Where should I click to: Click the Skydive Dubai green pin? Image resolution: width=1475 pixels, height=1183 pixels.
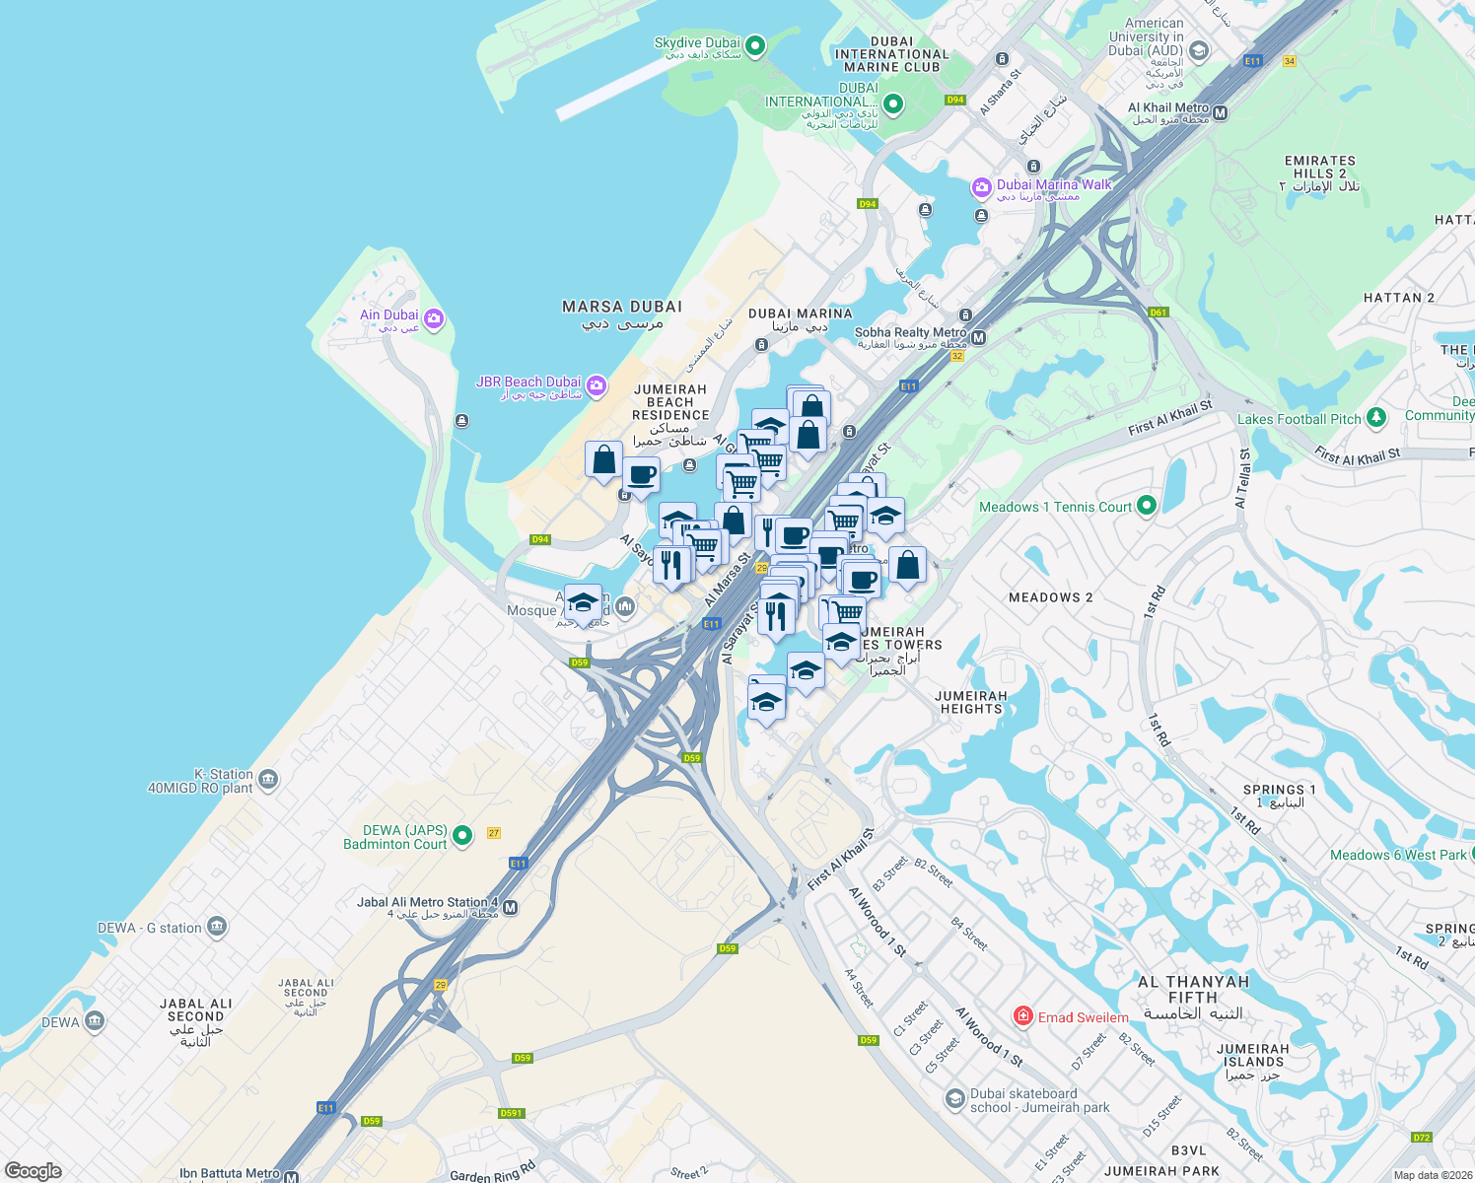click(754, 45)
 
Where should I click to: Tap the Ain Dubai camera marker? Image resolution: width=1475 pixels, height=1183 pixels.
click(434, 319)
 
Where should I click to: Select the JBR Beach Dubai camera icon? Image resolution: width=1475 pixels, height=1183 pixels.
click(596, 384)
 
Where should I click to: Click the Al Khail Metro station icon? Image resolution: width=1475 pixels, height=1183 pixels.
click(1221, 113)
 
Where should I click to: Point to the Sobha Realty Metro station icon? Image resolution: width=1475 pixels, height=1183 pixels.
click(978, 338)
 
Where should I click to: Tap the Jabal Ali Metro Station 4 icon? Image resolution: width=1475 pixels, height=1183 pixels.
click(510, 908)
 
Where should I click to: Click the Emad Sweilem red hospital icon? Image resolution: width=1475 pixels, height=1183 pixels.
click(1023, 1015)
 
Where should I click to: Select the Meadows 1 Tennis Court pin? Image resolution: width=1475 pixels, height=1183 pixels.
click(1146, 506)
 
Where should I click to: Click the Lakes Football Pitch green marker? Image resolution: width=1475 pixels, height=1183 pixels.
click(1376, 418)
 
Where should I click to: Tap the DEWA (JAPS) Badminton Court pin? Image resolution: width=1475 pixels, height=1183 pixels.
click(462, 836)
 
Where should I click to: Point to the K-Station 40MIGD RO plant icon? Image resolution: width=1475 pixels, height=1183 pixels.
click(268, 781)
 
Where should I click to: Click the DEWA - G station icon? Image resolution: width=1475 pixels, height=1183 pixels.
click(217, 927)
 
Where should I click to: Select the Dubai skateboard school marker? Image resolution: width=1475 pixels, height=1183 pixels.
click(954, 1098)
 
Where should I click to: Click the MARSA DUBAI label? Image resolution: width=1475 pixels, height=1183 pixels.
click(621, 307)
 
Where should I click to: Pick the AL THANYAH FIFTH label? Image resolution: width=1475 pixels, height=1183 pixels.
click(1193, 989)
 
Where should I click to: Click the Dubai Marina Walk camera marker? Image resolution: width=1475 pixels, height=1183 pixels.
click(981, 186)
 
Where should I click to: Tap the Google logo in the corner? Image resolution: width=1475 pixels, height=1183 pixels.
click(33, 1170)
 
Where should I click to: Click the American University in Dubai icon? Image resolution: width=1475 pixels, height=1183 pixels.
click(1199, 50)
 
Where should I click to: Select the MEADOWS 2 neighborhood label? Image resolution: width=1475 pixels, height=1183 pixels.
click(1050, 597)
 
